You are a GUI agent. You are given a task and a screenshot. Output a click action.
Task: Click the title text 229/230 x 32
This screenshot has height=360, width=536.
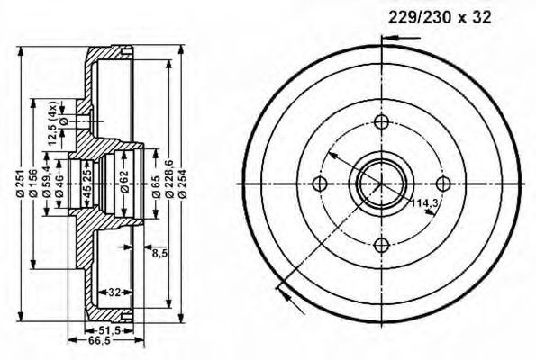pos(440,18)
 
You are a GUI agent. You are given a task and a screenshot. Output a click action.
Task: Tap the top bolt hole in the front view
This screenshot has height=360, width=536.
pos(382,121)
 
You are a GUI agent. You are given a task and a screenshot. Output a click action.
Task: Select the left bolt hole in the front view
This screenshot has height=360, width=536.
pos(320,184)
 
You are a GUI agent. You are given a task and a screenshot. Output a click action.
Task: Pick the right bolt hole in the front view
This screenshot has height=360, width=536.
pos(444,184)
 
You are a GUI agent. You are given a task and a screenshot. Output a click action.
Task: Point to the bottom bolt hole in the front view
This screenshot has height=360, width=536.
pos(382,245)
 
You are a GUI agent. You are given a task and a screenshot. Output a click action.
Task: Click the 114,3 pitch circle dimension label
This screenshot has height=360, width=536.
pos(424,202)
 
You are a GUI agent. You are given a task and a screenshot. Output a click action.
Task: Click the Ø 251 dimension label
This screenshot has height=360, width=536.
pos(21,183)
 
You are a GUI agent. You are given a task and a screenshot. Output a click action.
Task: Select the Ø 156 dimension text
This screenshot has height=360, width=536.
pos(33,183)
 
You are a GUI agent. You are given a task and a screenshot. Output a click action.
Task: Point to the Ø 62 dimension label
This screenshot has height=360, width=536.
pos(124,182)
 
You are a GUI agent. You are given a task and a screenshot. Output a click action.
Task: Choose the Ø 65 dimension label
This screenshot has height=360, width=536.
pos(156,186)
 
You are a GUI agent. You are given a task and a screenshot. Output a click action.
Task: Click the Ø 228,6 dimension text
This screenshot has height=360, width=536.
pos(168,179)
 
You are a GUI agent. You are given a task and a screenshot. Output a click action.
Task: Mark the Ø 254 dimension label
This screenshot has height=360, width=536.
pos(182,184)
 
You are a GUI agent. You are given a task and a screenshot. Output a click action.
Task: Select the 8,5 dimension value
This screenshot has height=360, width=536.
pos(158,254)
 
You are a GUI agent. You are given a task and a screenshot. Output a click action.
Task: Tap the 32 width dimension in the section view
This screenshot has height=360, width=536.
pos(115,292)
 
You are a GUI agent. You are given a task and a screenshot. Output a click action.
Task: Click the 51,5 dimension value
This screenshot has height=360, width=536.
pos(108,330)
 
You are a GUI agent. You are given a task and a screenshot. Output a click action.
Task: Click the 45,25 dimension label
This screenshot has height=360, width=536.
pos(88,184)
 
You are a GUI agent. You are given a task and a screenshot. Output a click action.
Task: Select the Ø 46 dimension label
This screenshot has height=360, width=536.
pos(59,186)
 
